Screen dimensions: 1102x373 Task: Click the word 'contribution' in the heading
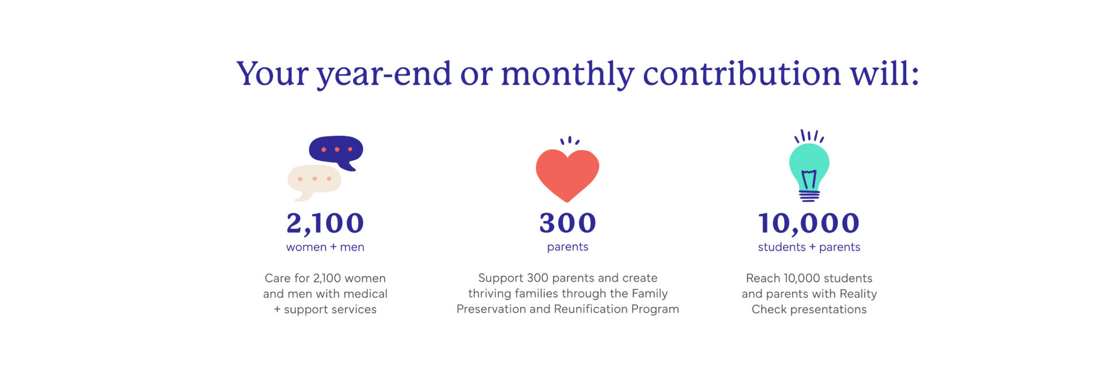point(742,74)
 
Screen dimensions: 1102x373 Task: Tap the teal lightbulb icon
point(809,167)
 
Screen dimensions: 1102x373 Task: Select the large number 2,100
point(325,224)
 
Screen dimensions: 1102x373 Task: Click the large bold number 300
point(568,223)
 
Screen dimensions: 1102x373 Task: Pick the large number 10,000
point(809,224)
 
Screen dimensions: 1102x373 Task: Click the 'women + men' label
point(325,247)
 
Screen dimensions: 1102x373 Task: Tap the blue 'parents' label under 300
point(568,247)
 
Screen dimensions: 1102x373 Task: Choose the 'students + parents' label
point(809,247)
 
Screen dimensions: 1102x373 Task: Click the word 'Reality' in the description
point(858,294)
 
